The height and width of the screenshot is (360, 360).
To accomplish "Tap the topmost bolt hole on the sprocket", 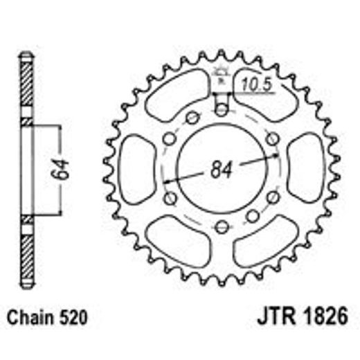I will click(221, 109).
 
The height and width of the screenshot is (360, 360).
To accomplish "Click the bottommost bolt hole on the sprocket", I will click(221, 226).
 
